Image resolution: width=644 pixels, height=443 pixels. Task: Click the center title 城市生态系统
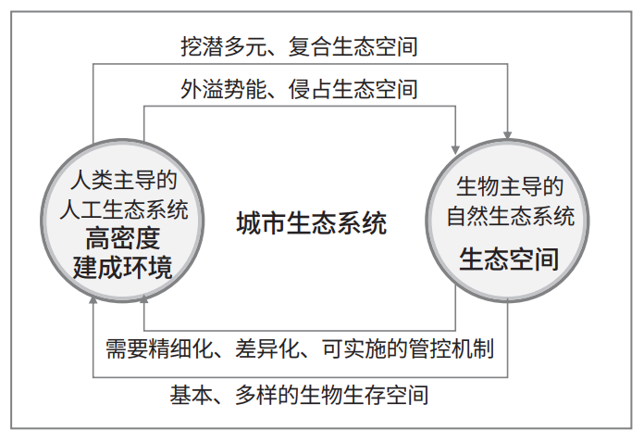pyautogui.click(x=312, y=223)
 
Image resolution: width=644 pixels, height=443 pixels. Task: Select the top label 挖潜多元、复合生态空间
pyautogui.click(x=300, y=46)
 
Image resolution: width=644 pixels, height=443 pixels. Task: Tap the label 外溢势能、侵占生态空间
pyautogui.click(x=300, y=89)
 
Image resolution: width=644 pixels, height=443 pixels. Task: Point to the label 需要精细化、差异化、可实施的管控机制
pyautogui.click(x=300, y=348)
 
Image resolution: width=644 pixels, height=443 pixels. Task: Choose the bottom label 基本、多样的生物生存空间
pyautogui.click(x=300, y=395)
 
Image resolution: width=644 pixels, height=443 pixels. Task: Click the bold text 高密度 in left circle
pyautogui.click(x=122, y=238)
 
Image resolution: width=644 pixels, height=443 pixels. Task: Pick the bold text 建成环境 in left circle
pyautogui.click(x=122, y=268)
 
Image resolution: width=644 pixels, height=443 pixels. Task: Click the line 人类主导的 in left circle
pyautogui.click(x=124, y=180)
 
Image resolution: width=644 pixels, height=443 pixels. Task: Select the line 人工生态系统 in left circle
pyautogui.click(x=124, y=209)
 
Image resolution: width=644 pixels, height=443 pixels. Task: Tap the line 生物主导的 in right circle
pyautogui.click(x=510, y=186)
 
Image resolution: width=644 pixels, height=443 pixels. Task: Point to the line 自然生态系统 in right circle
pyautogui.click(x=510, y=216)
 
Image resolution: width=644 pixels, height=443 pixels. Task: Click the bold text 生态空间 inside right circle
pyautogui.click(x=509, y=259)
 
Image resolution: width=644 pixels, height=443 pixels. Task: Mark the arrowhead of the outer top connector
pyautogui.click(x=508, y=135)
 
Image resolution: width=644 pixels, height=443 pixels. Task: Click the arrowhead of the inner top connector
pyautogui.click(x=455, y=150)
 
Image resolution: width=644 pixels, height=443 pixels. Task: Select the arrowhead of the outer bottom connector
pyautogui.click(x=93, y=299)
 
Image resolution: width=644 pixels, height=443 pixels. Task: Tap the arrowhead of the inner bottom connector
pyautogui.click(x=143, y=298)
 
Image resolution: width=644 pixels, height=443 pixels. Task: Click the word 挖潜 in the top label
pyautogui.click(x=202, y=46)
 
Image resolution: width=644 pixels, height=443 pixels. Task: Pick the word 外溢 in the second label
pyautogui.click(x=202, y=89)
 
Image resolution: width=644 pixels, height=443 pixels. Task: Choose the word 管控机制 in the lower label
pyautogui.click(x=452, y=348)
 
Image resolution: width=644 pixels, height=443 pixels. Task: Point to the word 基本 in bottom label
pyautogui.click(x=192, y=395)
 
